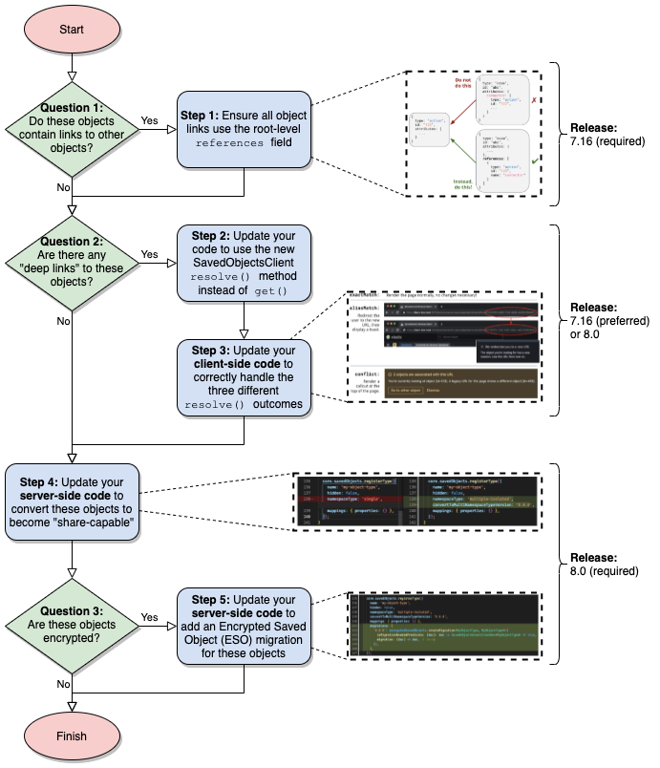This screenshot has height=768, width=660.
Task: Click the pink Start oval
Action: point(71,29)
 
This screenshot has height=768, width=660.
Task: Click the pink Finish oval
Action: point(71,736)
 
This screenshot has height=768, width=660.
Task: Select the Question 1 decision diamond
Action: point(72,128)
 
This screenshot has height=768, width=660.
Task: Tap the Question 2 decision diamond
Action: point(72,262)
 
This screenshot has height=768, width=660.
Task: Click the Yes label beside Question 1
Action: point(150,120)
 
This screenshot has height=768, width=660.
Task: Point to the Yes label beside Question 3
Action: point(150,616)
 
